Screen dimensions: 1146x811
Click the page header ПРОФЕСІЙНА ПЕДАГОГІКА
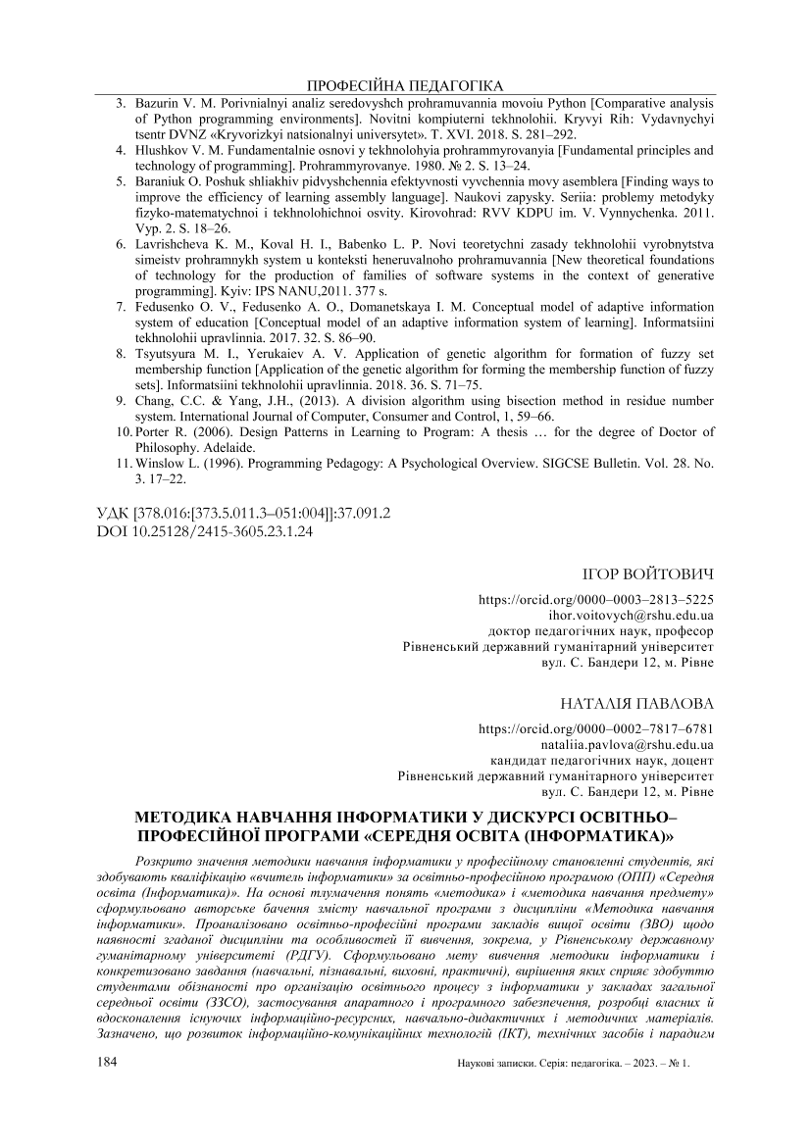click(405, 85)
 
